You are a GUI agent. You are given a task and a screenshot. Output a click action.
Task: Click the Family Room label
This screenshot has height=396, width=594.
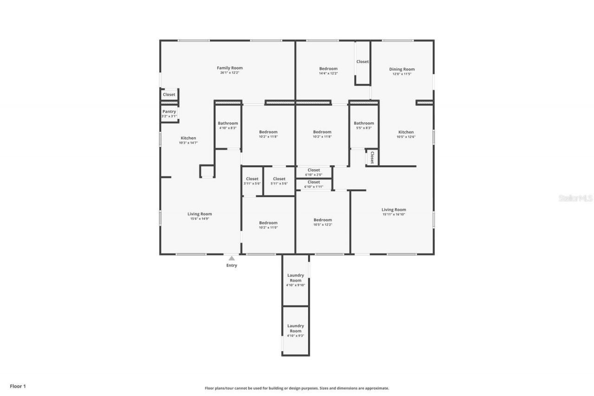[x=230, y=68]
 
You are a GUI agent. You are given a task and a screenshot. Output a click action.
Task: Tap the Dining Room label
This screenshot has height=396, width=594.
[x=401, y=69]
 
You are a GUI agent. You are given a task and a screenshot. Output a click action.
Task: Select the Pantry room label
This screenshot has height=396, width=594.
[x=169, y=111]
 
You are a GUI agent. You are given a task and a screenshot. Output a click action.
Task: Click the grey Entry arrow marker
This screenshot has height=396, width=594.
[x=232, y=258]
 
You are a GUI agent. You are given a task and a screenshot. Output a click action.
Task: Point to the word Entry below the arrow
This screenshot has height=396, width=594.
[x=232, y=266]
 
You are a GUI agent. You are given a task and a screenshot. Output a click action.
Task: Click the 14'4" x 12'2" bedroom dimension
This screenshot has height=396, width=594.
[x=328, y=73]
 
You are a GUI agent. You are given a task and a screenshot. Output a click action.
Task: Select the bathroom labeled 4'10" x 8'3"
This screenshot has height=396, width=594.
[x=228, y=125]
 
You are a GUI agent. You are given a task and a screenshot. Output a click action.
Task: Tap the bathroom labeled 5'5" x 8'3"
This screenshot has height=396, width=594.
[x=364, y=125]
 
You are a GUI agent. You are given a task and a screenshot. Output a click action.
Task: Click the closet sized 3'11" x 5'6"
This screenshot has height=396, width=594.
[x=252, y=181]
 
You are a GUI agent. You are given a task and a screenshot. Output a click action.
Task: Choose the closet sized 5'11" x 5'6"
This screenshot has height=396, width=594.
[x=279, y=181]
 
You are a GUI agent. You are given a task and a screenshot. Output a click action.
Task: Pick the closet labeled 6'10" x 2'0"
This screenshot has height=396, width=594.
[x=314, y=172]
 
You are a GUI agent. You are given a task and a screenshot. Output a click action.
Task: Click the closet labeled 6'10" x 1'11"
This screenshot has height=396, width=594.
[x=314, y=184]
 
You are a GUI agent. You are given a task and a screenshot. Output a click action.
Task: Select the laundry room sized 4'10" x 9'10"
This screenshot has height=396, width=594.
[x=296, y=280]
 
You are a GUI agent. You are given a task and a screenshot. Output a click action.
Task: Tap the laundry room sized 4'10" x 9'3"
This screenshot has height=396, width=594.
[x=296, y=331]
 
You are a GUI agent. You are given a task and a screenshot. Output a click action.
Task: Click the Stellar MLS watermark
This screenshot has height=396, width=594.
[x=575, y=198]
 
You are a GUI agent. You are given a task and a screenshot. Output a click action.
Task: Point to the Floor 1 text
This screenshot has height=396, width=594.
[x=18, y=386]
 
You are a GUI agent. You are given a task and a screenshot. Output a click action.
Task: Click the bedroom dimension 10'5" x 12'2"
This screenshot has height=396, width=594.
[x=323, y=225]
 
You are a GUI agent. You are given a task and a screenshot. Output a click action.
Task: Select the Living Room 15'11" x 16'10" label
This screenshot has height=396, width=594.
[x=394, y=212]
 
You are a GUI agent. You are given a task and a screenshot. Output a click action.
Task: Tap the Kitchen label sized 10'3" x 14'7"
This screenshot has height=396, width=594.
[x=188, y=140]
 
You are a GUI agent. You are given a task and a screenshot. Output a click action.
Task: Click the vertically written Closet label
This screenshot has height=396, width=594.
[x=372, y=157]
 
